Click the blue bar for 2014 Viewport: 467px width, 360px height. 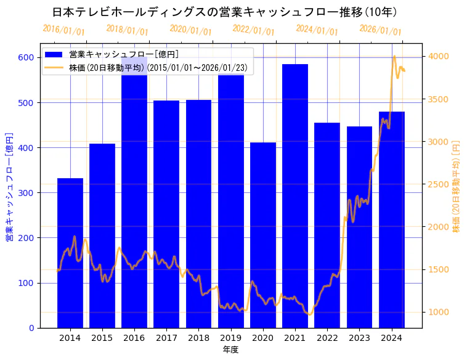coord(70,253)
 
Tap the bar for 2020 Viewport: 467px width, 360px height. coord(263,235)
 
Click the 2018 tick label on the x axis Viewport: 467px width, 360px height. coord(198,338)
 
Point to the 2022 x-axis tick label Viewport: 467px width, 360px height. coord(327,338)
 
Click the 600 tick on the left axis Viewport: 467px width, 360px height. coord(26,57)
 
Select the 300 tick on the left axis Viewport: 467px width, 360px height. coord(26,193)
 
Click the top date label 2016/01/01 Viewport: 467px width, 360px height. coord(64,30)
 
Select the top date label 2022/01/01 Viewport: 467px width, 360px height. coord(254,30)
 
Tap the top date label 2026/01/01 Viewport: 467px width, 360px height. coord(380,30)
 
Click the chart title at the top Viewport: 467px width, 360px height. coord(225,12)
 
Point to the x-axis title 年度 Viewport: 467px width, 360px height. coord(230,350)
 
